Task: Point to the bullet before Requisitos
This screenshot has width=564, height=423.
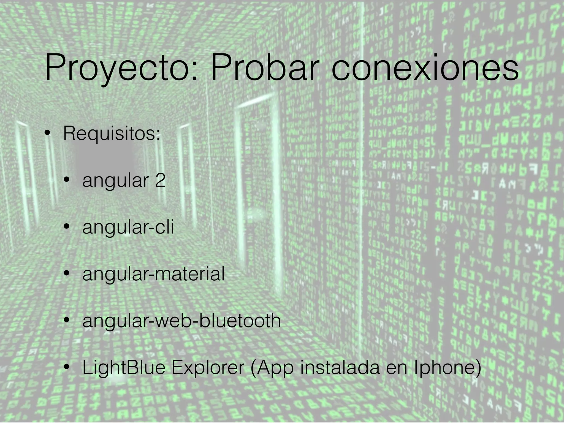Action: coord(48,133)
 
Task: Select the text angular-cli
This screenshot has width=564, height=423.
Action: coord(128,227)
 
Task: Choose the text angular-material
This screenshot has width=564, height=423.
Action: coord(153,274)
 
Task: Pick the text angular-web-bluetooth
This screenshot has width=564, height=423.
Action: coord(181,321)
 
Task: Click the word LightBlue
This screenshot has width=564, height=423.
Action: coord(124,368)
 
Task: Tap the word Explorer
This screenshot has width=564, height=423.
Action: coord(208,368)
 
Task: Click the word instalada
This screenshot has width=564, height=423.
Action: coord(340,368)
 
